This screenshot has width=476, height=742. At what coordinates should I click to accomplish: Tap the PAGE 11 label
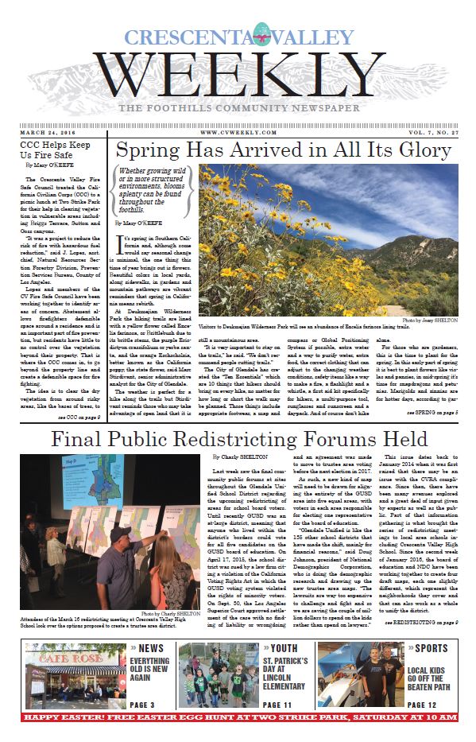(282, 705)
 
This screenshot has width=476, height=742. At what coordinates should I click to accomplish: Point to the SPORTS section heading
(430, 648)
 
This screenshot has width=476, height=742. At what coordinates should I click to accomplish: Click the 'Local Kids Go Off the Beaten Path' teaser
(429, 676)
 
